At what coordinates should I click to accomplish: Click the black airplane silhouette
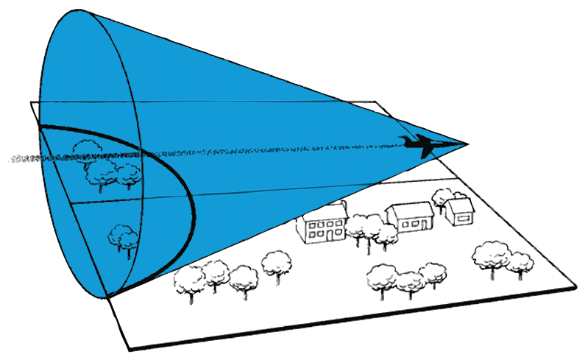click(419, 145)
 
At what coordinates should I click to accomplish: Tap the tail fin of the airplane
click(404, 139)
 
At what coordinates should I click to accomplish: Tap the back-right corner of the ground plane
click(377, 101)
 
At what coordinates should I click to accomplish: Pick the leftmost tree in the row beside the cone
click(190, 280)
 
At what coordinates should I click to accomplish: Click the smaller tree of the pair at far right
click(520, 262)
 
